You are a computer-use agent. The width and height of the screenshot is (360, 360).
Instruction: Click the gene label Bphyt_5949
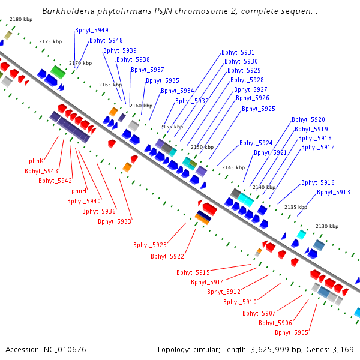(92, 30)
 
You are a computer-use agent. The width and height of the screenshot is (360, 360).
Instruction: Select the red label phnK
(36, 161)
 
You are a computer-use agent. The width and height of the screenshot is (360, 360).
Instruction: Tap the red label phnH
(79, 191)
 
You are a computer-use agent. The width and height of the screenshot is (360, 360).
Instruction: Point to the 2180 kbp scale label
(21, 19)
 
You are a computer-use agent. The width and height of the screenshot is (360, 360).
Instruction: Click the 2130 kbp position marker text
(327, 226)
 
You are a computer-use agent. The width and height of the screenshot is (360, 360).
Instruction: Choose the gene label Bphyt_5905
(292, 332)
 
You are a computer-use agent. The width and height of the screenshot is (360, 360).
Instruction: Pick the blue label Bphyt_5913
(334, 192)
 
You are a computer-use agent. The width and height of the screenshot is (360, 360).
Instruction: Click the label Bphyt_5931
(238, 52)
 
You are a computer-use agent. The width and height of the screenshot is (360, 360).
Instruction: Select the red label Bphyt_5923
(150, 245)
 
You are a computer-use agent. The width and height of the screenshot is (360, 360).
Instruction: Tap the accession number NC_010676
(65, 350)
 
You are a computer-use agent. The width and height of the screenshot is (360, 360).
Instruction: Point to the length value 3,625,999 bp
(269, 350)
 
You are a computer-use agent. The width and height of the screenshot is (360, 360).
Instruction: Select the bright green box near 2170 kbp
(58, 72)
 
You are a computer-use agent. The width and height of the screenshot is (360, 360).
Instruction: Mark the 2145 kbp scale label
(233, 167)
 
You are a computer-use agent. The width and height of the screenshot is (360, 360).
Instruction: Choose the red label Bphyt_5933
(115, 221)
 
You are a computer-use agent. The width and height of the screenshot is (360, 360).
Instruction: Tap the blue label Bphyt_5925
(259, 109)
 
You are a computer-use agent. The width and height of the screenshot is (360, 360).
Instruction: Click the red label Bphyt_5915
(193, 272)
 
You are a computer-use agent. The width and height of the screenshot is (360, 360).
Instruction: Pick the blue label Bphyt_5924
(256, 143)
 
